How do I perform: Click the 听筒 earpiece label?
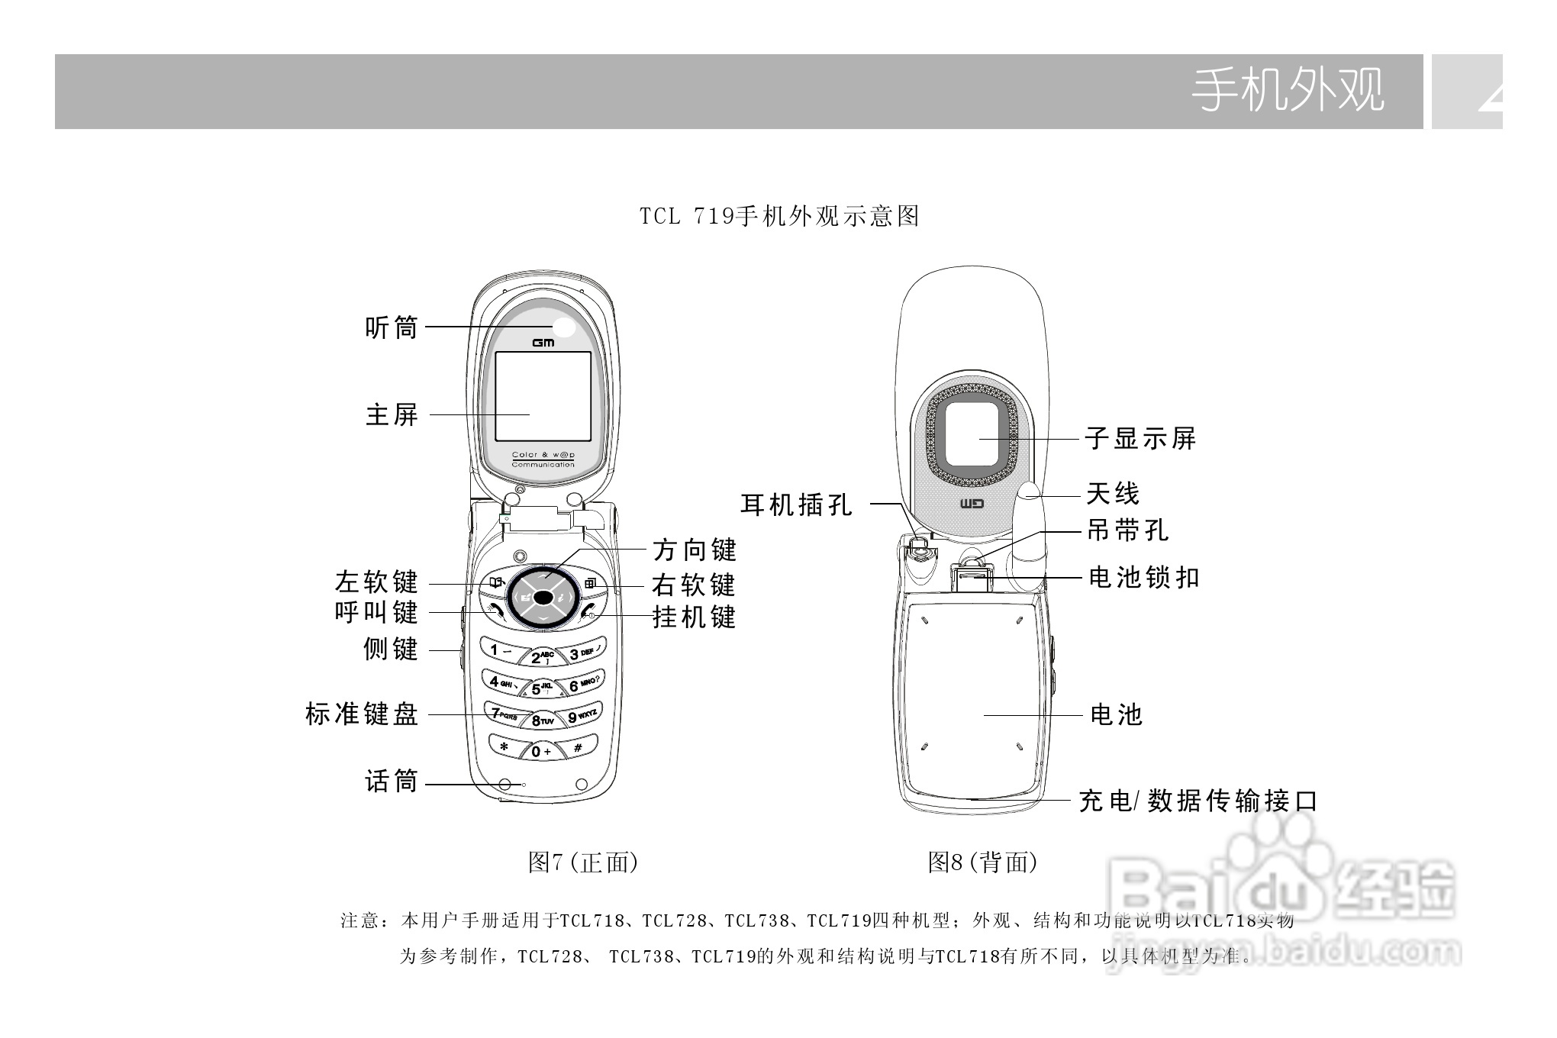coord(392,328)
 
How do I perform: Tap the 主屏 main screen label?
coord(392,415)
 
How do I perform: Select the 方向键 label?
coord(695,550)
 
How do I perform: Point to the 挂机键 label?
coord(694,617)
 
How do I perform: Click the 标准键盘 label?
coord(362,714)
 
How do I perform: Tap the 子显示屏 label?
coord(1140,439)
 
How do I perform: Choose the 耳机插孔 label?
coord(797,504)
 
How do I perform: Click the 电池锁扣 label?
coord(1144,578)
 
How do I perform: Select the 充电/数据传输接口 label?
coord(1198,801)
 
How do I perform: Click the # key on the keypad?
coord(579,748)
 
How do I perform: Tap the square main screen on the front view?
coord(543,396)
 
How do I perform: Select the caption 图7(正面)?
coord(583,862)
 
